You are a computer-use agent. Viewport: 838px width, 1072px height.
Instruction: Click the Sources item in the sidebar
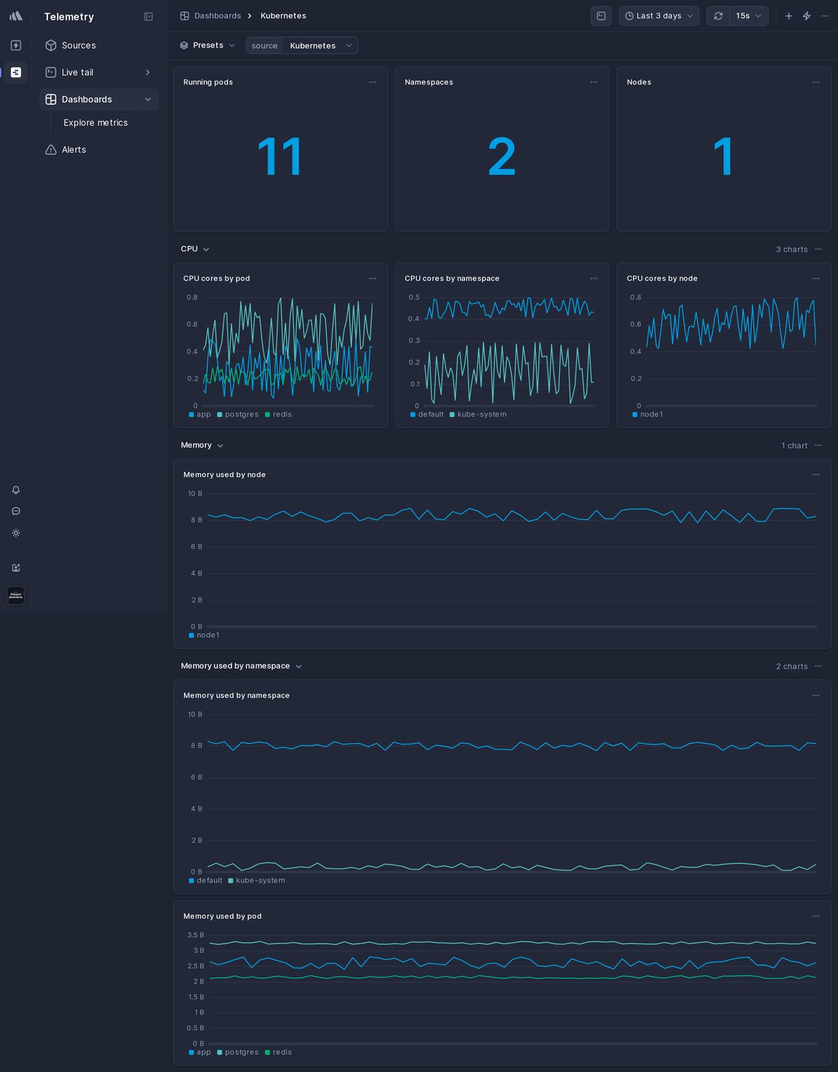click(78, 45)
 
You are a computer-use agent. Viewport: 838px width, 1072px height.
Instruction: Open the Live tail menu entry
click(77, 73)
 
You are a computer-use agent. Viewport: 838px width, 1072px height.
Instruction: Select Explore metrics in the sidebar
click(95, 123)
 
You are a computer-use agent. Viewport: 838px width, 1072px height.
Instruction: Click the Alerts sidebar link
click(73, 150)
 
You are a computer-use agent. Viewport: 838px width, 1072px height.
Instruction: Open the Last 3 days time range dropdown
click(658, 16)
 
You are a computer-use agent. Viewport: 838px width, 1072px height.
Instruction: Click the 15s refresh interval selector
click(748, 16)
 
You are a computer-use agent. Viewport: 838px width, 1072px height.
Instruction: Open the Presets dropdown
click(207, 45)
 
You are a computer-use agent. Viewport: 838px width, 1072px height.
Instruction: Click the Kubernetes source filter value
click(313, 46)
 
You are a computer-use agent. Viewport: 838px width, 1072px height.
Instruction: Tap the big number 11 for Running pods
click(279, 157)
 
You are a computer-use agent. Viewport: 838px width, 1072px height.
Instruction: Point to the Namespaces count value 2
click(501, 157)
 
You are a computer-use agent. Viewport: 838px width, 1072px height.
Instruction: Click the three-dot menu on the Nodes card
click(815, 82)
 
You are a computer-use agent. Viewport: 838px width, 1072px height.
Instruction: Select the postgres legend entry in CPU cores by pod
click(241, 415)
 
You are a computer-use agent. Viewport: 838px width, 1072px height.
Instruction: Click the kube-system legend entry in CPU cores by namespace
click(481, 415)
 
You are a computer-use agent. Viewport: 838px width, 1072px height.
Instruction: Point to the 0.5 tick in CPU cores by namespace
click(414, 297)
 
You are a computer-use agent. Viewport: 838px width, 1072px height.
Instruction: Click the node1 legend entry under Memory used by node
click(207, 635)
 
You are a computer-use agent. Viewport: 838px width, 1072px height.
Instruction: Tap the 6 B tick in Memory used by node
click(196, 546)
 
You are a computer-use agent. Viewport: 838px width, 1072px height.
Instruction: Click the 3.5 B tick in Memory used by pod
click(195, 935)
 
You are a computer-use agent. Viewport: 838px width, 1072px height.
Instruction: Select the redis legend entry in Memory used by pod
click(281, 1052)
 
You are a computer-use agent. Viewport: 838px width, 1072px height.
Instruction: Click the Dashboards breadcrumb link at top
click(217, 16)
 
